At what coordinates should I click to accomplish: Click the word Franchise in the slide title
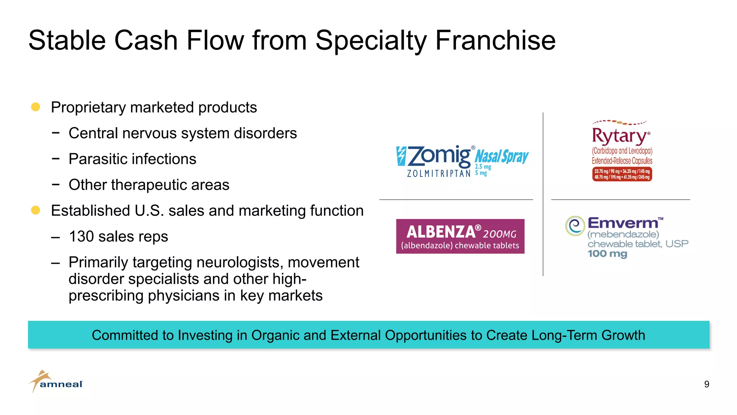click(x=496, y=40)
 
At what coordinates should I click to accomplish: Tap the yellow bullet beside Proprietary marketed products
click(x=36, y=107)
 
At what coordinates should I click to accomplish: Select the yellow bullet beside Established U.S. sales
click(x=36, y=210)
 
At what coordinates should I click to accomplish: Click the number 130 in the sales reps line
click(x=81, y=237)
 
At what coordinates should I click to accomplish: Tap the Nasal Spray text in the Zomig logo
click(x=502, y=157)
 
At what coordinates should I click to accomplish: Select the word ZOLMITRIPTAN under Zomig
click(x=439, y=174)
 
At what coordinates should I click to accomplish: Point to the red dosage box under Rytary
click(x=622, y=174)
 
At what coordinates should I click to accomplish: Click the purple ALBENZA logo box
click(x=460, y=236)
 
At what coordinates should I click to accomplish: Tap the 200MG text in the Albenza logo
click(x=499, y=234)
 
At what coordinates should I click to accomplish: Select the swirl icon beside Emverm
click(x=575, y=226)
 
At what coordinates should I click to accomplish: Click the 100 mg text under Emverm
click(x=607, y=254)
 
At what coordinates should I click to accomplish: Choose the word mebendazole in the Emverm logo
click(x=623, y=235)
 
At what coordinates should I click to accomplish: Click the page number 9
click(x=706, y=384)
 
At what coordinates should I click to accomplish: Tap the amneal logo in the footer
click(x=56, y=382)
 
